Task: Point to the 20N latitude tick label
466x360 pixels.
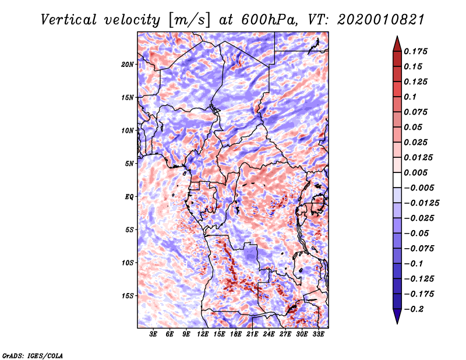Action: tap(128, 64)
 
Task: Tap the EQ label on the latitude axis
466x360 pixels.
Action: tap(129, 197)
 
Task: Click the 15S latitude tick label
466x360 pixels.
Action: tap(128, 296)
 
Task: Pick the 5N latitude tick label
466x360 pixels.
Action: tap(129, 164)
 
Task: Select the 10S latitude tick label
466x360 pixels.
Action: tap(128, 263)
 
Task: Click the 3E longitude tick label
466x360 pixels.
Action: tap(154, 335)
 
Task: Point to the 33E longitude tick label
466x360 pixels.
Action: tap(319, 335)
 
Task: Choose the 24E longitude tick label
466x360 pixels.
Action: tap(269, 335)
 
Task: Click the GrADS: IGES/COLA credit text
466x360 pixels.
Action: tap(32, 355)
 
